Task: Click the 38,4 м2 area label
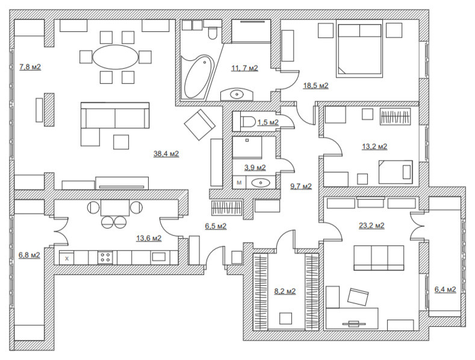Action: pyautogui.click(x=166, y=154)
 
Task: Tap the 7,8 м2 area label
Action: pyautogui.click(x=30, y=67)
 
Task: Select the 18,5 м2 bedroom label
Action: pyautogui.click(x=315, y=85)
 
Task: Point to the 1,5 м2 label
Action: pyautogui.click(x=268, y=122)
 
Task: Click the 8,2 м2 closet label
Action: pyautogui.click(x=285, y=291)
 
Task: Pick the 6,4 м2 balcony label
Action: pyautogui.click(x=445, y=290)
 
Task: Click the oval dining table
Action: pyautogui.click(x=116, y=57)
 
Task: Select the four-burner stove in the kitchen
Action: pyautogui.click(x=105, y=258)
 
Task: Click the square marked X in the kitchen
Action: pyautogui.click(x=67, y=258)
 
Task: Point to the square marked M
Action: pyautogui.click(x=240, y=182)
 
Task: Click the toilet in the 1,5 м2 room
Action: pyautogui.click(x=249, y=122)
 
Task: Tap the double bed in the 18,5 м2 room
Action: pyautogui.click(x=359, y=49)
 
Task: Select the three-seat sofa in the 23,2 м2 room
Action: pyautogui.click(x=379, y=258)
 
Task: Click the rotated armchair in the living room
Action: pyautogui.click(x=200, y=125)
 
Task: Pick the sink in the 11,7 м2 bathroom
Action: pyautogui.click(x=237, y=95)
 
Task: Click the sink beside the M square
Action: pyautogui.click(x=261, y=183)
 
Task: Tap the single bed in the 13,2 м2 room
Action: pyautogui.click(x=396, y=172)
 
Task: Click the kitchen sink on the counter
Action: pyautogui.click(x=159, y=257)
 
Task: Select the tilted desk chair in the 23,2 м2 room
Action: pyautogui.click(x=358, y=297)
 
